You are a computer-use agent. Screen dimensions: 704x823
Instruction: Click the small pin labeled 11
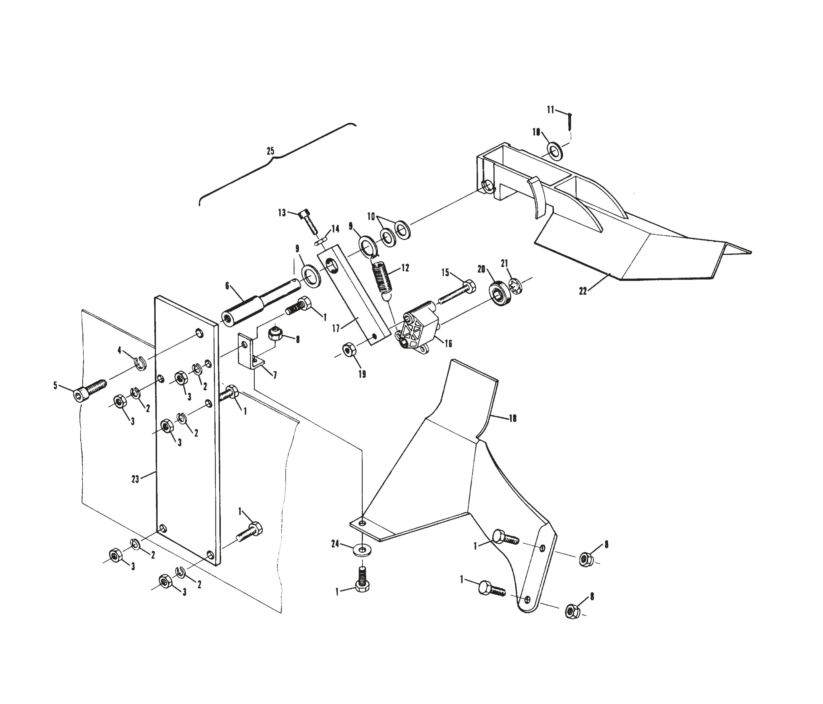569,121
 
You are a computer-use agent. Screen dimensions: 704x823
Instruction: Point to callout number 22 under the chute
583,291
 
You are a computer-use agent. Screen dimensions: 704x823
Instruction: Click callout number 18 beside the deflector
512,418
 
